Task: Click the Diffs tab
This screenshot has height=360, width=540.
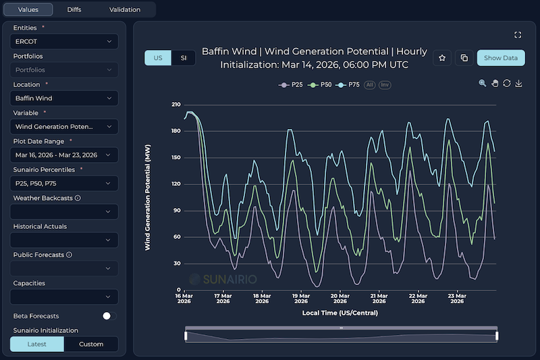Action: tap(74, 9)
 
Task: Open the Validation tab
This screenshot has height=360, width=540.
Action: tap(124, 9)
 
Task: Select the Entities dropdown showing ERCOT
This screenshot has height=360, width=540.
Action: tap(64, 41)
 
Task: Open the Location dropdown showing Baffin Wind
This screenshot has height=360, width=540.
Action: tap(64, 98)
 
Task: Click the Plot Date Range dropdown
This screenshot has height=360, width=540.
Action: tap(64, 155)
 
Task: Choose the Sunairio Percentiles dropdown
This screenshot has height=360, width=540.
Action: tap(64, 183)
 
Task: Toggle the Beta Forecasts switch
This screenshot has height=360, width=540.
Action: tap(109, 315)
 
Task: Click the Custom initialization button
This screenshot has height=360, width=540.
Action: tap(91, 344)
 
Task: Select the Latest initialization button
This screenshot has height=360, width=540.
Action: tap(37, 344)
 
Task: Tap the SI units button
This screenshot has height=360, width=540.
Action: tap(183, 58)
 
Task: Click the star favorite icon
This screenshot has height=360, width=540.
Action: tap(442, 58)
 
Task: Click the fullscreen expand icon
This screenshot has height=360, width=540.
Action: tap(518, 34)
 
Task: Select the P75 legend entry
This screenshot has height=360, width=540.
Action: tap(349, 84)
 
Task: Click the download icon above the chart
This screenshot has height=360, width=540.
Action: tap(518, 83)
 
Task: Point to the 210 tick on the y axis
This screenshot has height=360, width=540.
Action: tap(176, 105)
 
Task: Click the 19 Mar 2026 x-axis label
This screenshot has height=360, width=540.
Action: tap(300, 299)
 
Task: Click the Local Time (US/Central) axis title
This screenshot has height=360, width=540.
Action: tap(340, 313)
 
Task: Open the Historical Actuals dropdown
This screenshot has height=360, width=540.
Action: tap(64, 240)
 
